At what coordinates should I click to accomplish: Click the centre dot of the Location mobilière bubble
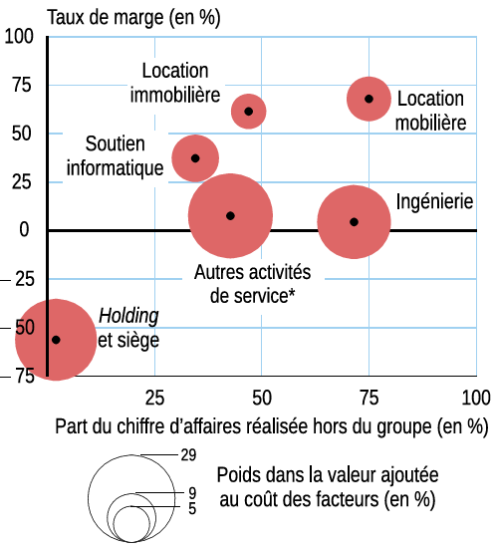point(369,99)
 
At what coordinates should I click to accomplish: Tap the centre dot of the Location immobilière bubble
point(249,112)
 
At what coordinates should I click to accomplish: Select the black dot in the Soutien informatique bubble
point(195,158)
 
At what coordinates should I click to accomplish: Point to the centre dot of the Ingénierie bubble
point(354,222)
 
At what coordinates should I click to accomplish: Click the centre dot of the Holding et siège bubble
point(56,340)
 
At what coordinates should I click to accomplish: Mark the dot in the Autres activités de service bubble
point(230,216)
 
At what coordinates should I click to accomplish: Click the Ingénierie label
point(434,202)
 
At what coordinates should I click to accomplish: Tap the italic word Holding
point(128,316)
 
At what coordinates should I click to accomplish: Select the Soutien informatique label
point(115,155)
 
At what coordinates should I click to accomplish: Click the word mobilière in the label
point(431,123)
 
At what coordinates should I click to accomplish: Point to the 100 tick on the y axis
point(19,37)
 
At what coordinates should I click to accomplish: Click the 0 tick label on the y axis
point(24,230)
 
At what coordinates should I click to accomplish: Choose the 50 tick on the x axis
point(262,398)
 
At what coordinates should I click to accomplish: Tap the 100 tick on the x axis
point(476,398)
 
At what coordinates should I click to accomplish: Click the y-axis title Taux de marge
point(106,17)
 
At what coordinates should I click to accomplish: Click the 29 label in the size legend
point(188,455)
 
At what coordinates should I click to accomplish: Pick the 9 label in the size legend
point(192,493)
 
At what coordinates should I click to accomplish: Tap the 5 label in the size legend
point(192,508)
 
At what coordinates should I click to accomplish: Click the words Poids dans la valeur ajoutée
point(328,475)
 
